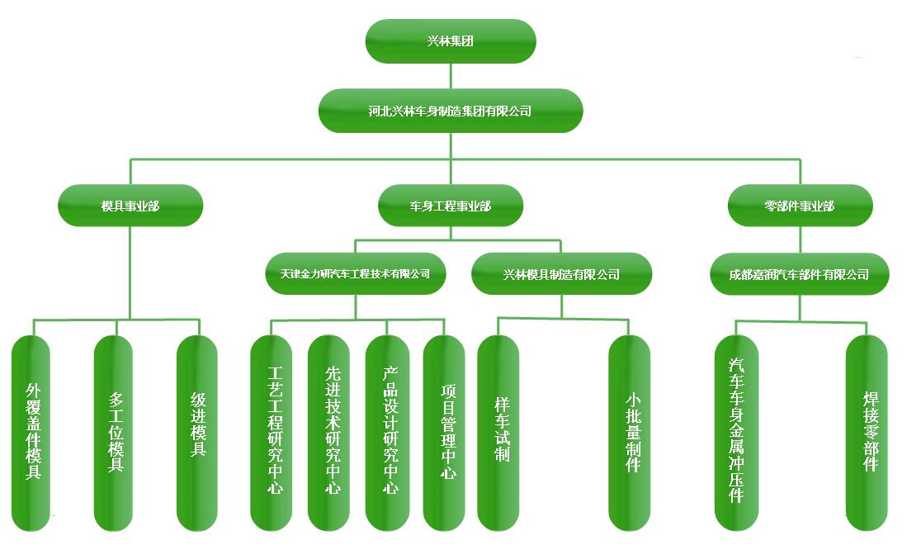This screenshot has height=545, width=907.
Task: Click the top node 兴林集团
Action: pyautogui.click(x=451, y=40)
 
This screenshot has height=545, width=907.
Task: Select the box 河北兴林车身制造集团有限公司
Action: pyautogui.click(x=451, y=111)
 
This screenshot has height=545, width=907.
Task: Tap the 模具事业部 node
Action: pyautogui.click(x=130, y=206)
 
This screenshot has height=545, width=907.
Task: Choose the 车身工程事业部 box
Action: pyautogui.click(x=451, y=206)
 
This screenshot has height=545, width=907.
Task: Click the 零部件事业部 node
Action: pyautogui.click(x=800, y=206)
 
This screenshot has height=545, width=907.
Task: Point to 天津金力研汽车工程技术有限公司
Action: pyautogui.click(x=356, y=274)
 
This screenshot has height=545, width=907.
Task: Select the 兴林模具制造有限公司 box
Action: pyautogui.click(x=561, y=274)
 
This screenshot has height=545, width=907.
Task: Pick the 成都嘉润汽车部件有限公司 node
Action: pyautogui.click(x=800, y=274)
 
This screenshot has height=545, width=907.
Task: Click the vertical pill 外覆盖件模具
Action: pyautogui.click(x=32, y=432)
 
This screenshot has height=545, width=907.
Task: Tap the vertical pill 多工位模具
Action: pyautogui.click(x=115, y=432)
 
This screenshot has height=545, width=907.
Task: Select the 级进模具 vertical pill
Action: pyautogui.click(x=198, y=432)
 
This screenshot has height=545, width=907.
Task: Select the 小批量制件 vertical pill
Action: pyautogui.click(x=631, y=432)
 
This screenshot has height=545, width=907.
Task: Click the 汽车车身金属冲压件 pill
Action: pyautogui.click(x=735, y=432)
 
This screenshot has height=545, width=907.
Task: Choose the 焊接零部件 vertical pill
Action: pyautogui.click(x=867, y=432)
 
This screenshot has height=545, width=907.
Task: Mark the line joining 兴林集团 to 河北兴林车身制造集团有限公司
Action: pyautogui.click(x=451, y=76)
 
